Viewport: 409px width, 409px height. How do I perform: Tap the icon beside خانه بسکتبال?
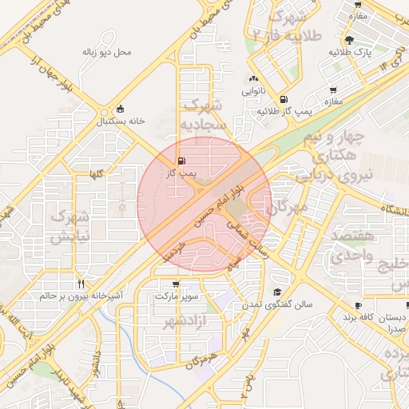pyautogui.click(x=120, y=109)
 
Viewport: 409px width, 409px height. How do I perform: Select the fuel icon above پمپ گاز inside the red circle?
pyautogui.click(x=180, y=160)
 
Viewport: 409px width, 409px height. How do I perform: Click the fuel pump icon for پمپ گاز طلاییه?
pyautogui.click(x=284, y=100)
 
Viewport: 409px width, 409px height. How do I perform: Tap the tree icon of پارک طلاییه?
pyautogui.click(x=349, y=39)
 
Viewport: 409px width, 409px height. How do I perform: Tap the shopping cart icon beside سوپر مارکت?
pyautogui.click(x=175, y=284)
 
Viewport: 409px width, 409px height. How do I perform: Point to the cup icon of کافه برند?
pyautogui.click(x=358, y=306)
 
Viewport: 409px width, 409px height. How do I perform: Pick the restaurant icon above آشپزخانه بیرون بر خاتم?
pyautogui.click(x=81, y=284)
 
